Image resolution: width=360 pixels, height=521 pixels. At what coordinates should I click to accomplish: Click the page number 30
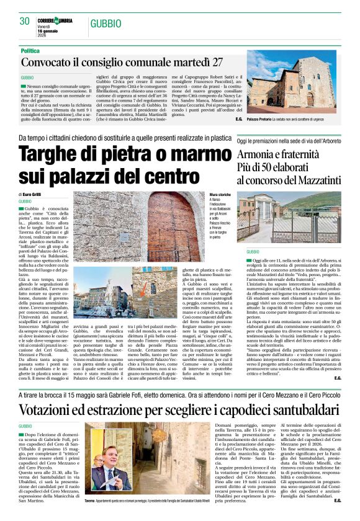tap(25, 21)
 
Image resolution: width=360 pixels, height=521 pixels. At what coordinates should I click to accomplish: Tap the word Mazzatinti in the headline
tap(318, 182)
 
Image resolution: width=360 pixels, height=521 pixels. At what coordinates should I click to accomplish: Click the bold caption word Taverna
tap(90, 500)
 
